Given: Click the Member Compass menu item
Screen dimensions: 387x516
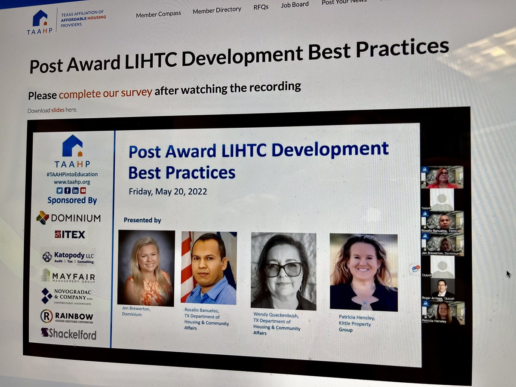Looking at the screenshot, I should (158, 14).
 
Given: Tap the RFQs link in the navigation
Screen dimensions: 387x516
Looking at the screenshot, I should (261, 7).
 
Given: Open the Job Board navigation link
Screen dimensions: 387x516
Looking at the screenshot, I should (295, 5).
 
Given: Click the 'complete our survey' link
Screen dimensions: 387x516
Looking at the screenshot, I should (105, 92).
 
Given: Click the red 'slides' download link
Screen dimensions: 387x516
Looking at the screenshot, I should (58, 110).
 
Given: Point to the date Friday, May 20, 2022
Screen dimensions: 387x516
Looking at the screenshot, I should (168, 191).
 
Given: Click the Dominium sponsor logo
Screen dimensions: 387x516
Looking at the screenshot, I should (69, 218).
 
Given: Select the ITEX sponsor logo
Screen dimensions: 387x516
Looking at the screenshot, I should (70, 235).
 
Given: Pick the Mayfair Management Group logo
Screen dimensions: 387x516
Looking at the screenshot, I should (68, 276).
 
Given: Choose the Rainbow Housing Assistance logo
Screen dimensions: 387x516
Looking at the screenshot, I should (67, 317).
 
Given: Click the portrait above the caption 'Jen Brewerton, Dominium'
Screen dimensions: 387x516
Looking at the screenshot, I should (146, 267).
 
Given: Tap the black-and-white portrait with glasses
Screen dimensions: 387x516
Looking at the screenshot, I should (283, 271).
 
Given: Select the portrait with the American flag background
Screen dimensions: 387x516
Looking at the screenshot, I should (209, 268).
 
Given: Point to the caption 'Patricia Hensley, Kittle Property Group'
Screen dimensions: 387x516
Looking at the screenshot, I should (357, 323).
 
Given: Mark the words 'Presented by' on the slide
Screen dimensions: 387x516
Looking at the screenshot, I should (142, 220).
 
